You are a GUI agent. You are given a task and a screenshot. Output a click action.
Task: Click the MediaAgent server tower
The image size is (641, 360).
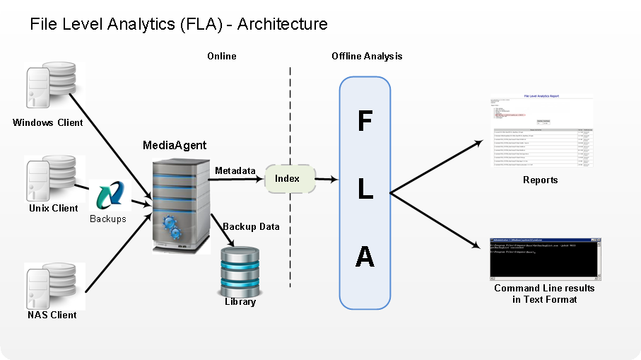pyautogui.click(x=181, y=205)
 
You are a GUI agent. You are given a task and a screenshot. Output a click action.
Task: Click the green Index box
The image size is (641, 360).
pyautogui.click(x=287, y=179)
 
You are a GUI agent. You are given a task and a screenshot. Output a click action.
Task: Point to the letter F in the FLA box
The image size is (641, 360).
pyautogui.click(x=365, y=122)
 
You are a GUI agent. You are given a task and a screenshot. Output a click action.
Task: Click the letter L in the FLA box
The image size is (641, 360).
pyautogui.click(x=365, y=189)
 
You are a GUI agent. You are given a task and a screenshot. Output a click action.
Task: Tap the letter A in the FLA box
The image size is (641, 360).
pyautogui.click(x=365, y=257)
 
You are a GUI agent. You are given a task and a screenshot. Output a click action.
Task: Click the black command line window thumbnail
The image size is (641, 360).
pyautogui.click(x=544, y=259)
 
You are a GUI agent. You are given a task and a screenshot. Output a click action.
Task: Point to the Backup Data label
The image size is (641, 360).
pyautogui.click(x=251, y=227)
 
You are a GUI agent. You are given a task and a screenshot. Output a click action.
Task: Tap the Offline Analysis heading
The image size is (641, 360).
pyautogui.click(x=367, y=56)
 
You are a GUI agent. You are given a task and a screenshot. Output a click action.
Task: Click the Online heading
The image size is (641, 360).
pyautogui.click(x=221, y=56)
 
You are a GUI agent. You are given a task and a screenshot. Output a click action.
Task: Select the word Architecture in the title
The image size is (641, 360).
pyautogui.click(x=282, y=24)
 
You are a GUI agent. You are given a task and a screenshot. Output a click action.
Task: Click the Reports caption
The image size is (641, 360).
pyautogui.click(x=540, y=180)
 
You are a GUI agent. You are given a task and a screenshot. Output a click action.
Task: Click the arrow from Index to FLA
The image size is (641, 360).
pyautogui.click(x=326, y=180)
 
